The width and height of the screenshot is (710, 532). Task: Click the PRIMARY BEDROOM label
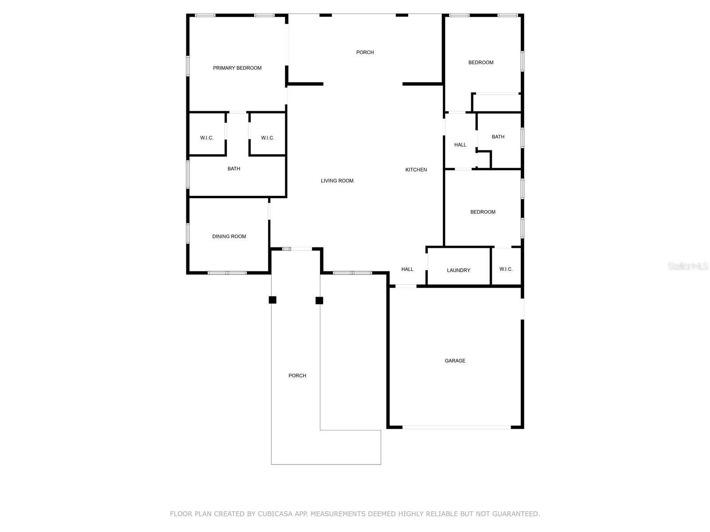click(237, 68)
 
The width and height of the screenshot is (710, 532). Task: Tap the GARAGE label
click(455, 361)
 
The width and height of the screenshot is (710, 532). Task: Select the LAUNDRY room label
click(458, 270)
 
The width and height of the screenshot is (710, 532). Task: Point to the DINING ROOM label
click(229, 236)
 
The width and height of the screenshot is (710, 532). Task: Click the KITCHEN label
click(416, 170)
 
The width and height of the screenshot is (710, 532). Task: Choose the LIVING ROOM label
click(337, 181)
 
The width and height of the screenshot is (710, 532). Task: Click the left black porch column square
click(272, 300)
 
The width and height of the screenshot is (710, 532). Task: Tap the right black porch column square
click(319, 301)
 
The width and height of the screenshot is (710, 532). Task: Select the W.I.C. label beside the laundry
click(506, 269)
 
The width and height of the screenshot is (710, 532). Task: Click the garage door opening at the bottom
click(456, 427)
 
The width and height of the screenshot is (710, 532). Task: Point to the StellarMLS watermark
click(688, 266)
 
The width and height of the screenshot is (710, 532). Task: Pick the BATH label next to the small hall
click(498, 137)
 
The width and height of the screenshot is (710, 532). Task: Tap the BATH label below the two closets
click(234, 169)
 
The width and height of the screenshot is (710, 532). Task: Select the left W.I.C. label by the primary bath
click(207, 138)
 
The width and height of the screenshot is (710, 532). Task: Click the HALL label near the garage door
click(407, 269)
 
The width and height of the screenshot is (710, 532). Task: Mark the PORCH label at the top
click(365, 52)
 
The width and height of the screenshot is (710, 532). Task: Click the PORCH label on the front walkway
click(297, 376)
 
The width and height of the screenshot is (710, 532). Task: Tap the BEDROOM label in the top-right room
click(481, 63)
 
